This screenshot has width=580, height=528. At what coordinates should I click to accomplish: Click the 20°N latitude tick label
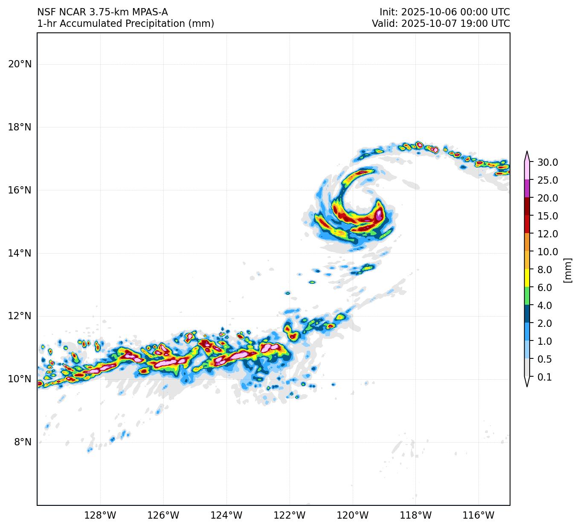coord(20,64)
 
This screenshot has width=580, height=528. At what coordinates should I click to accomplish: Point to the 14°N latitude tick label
coord(20,253)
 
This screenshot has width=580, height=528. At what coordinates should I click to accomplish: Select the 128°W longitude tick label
coord(100,516)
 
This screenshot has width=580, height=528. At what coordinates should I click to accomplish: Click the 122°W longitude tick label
coord(290,516)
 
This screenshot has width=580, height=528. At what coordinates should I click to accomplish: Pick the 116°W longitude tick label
coord(478,516)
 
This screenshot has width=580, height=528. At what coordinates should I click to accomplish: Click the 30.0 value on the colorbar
coord(548,162)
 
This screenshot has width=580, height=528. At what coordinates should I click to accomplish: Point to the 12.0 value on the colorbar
coord(548,234)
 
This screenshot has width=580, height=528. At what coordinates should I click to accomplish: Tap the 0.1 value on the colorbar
coord(544,377)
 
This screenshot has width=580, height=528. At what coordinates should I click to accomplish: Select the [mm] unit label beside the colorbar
coord(567,270)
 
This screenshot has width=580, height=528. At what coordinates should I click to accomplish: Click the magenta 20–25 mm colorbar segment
coord(527,188)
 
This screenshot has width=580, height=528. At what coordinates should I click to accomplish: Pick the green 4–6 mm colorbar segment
coord(527,296)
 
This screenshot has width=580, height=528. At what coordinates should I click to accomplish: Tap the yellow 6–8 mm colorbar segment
coord(527,278)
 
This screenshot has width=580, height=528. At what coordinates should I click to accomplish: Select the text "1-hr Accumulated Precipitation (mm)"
coord(125,24)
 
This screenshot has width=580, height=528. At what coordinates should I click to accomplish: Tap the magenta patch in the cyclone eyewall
coord(379,214)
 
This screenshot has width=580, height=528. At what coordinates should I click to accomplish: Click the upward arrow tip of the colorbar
coord(527,152)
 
